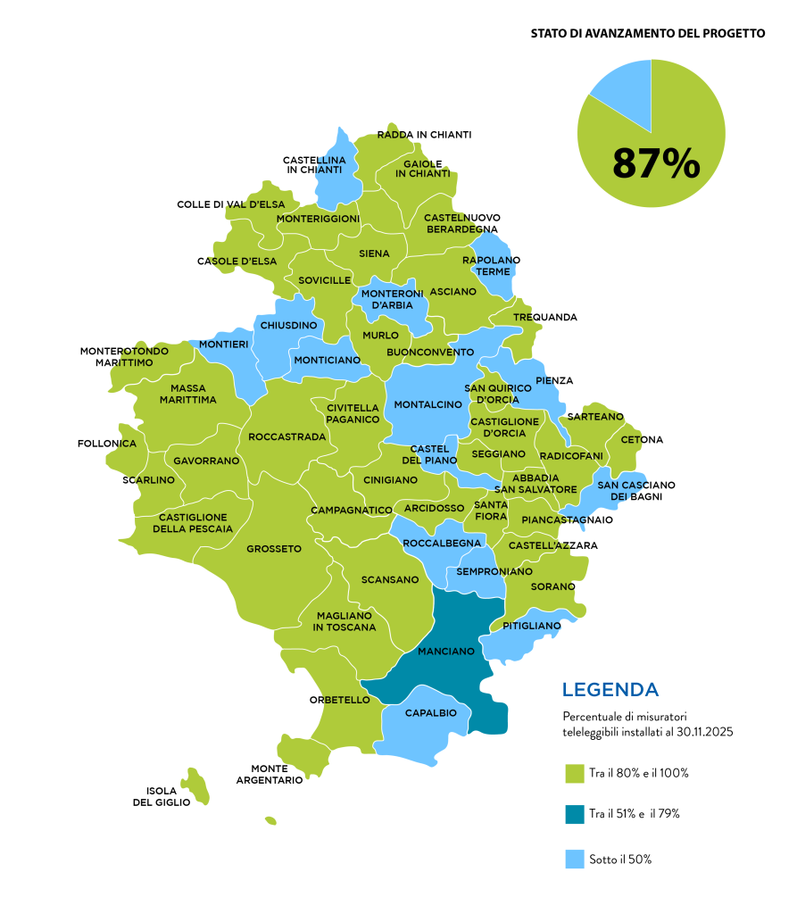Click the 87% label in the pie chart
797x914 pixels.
[x=656, y=164]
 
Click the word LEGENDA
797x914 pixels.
[x=610, y=690]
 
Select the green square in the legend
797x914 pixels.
[x=576, y=774]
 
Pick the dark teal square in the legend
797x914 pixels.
[x=576, y=815]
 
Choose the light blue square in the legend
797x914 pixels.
[x=576, y=859]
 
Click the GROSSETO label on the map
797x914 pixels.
[x=274, y=549]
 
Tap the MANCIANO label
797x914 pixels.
[x=446, y=652]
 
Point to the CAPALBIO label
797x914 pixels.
[x=431, y=713]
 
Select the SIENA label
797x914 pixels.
[x=374, y=253]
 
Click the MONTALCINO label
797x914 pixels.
[x=428, y=404]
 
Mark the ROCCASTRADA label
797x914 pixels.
[x=287, y=437]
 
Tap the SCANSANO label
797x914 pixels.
[x=390, y=580]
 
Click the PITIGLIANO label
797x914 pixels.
[x=531, y=626]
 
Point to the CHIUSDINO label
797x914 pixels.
[x=288, y=326]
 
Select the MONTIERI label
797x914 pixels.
[x=223, y=344]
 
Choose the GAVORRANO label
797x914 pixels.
[x=206, y=461]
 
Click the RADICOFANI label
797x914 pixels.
[x=572, y=456]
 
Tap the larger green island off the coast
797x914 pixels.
[x=195, y=785]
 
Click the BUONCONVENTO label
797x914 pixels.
[x=430, y=353]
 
